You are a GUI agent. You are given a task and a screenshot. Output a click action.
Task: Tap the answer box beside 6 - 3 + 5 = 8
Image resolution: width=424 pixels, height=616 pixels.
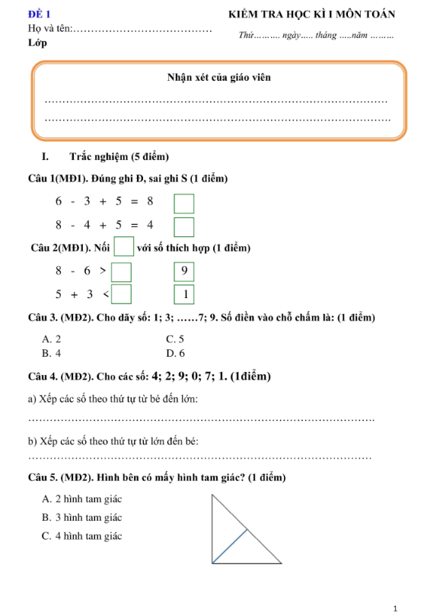(183, 204)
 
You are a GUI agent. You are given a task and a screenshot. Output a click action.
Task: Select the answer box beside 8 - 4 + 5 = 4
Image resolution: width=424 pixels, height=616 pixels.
(183, 226)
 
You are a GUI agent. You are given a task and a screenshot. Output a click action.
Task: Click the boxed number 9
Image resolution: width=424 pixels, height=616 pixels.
(183, 271)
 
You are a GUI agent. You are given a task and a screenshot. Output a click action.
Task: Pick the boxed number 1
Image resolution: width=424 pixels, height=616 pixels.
(183, 294)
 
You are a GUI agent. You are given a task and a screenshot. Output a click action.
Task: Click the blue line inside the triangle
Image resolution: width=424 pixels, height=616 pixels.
(228, 546)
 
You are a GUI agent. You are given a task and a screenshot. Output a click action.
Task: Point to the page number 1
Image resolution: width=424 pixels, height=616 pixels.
(397, 608)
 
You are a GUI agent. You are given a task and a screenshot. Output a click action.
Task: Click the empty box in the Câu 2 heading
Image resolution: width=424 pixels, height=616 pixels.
(123, 248)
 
